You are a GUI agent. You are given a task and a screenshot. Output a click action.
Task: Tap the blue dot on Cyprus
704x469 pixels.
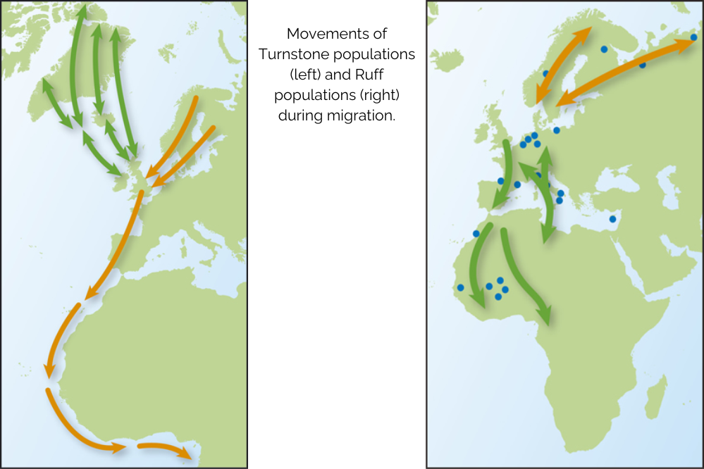click(612, 219)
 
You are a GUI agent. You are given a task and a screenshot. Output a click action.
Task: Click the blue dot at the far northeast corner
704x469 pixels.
click(693, 37)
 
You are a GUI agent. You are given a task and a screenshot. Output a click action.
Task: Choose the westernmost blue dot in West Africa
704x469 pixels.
click(460, 287)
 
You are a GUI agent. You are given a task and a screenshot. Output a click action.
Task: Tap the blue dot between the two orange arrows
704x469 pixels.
click(604, 49)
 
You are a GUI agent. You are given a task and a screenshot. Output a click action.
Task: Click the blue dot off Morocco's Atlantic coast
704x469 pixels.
click(476, 233)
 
